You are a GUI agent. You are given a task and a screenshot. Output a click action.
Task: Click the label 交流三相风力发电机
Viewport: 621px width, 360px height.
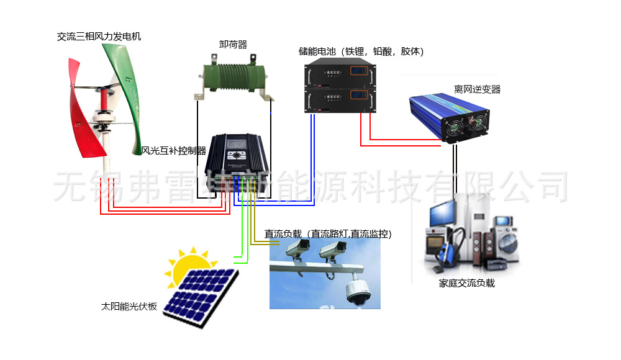[99, 37]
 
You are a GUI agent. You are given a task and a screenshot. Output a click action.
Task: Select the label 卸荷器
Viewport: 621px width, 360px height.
[233, 45]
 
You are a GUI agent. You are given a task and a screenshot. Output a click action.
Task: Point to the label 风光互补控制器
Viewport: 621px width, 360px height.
[174, 151]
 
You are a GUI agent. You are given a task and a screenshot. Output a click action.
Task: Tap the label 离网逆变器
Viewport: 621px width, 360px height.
[477, 89]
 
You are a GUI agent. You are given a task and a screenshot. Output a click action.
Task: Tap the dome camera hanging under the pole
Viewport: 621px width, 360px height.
[358, 292]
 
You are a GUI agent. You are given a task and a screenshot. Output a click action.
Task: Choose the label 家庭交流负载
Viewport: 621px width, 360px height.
[466, 284]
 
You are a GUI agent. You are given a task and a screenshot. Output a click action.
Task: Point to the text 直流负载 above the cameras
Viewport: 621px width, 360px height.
[283, 234]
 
